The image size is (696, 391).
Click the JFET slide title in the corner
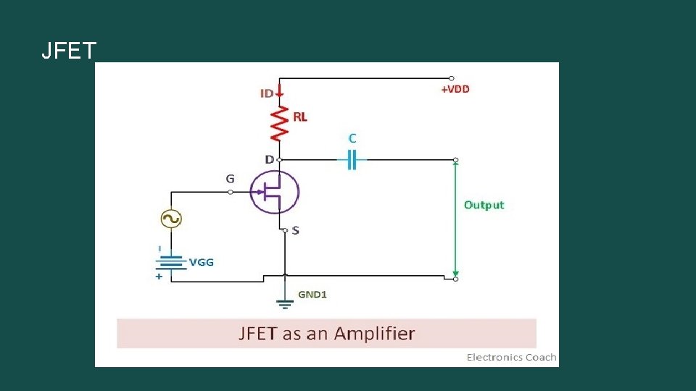point(69,51)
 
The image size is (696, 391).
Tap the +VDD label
point(455,89)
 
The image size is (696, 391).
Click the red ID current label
point(267,93)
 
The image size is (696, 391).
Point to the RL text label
point(300,117)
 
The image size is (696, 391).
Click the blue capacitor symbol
point(352,159)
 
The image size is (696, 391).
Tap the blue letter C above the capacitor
point(352,137)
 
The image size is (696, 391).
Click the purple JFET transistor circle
point(274,192)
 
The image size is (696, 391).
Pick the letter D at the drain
point(269,159)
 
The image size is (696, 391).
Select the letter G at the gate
point(230,178)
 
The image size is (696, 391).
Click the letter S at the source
point(295,230)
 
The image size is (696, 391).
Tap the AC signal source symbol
point(171,219)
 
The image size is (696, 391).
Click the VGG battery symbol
point(171,261)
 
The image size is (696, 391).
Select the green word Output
point(484,205)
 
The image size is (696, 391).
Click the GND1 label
point(313,295)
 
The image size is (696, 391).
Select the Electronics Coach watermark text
point(511,357)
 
